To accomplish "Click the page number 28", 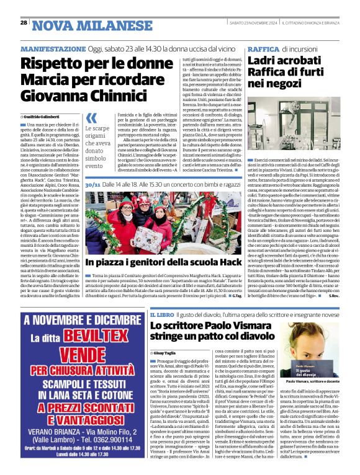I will (x=23, y=22).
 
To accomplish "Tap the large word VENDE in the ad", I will (x=74, y=357).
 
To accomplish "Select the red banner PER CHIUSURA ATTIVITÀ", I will (x=74, y=372).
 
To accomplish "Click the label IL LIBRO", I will (x=163, y=316).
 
